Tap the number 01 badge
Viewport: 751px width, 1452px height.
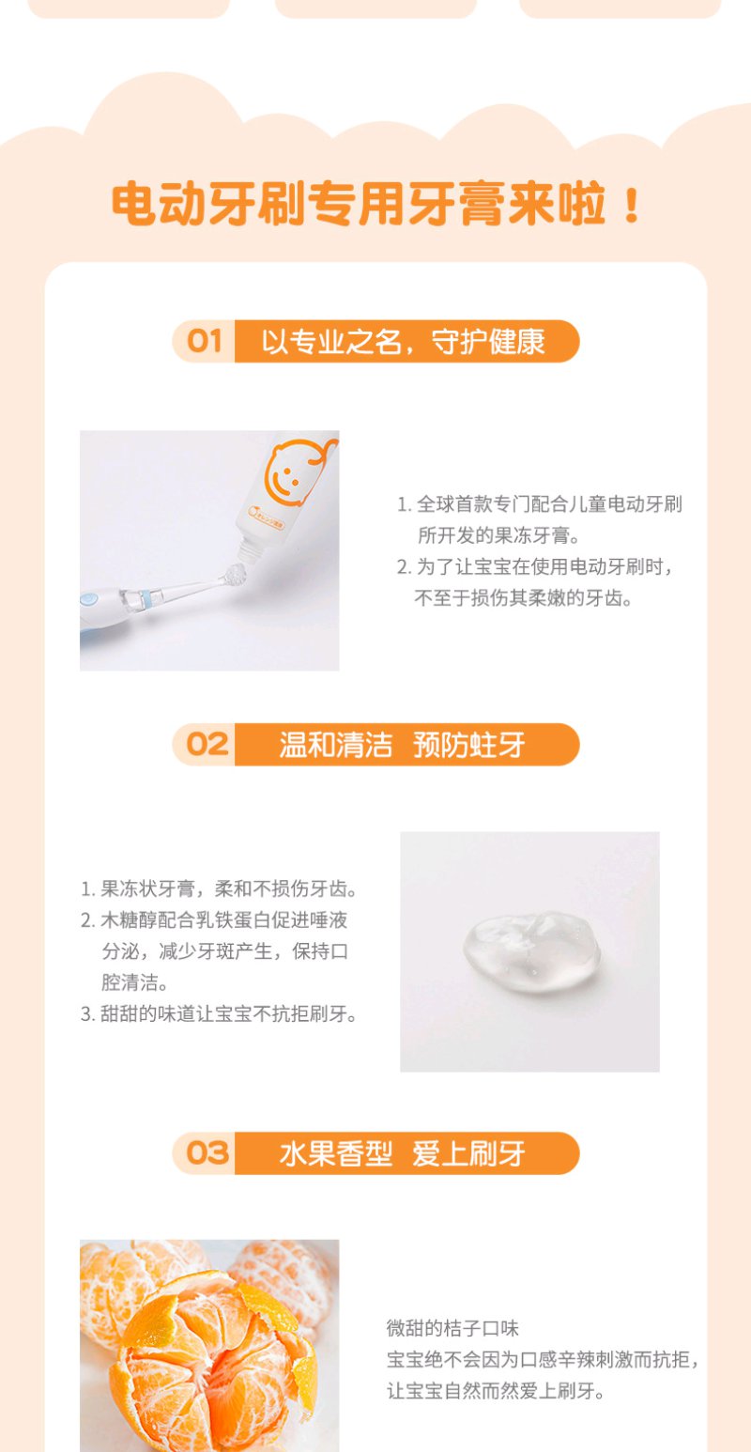tap(204, 341)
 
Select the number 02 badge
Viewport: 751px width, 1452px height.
tap(207, 744)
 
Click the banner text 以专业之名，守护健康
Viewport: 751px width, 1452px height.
tap(403, 342)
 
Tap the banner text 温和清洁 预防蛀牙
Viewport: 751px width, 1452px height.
tap(402, 745)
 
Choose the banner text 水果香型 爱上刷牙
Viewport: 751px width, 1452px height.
tap(402, 1153)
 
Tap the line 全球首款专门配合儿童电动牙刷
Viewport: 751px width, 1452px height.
tap(540, 503)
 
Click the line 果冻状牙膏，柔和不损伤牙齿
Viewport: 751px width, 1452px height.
tap(220, 888)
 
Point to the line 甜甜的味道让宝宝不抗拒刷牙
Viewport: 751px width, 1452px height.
tap(220, 1013)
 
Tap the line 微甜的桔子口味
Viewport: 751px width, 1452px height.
tap(452, 1328)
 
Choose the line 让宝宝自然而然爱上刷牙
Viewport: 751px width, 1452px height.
tap(496, 1390)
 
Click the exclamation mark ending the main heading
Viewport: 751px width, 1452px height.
tap(631, 206)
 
